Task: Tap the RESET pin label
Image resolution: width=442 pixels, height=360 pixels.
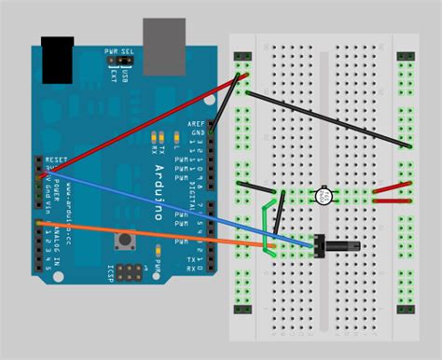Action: click(56, 160)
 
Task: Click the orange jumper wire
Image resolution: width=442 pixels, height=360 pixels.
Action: click(149, 233)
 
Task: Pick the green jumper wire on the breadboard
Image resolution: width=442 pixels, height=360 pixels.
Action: click(268, 224)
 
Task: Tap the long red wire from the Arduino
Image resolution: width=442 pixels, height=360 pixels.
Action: click(140, 121)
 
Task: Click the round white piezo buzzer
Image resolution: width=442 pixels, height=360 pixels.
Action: click(324, 196)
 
